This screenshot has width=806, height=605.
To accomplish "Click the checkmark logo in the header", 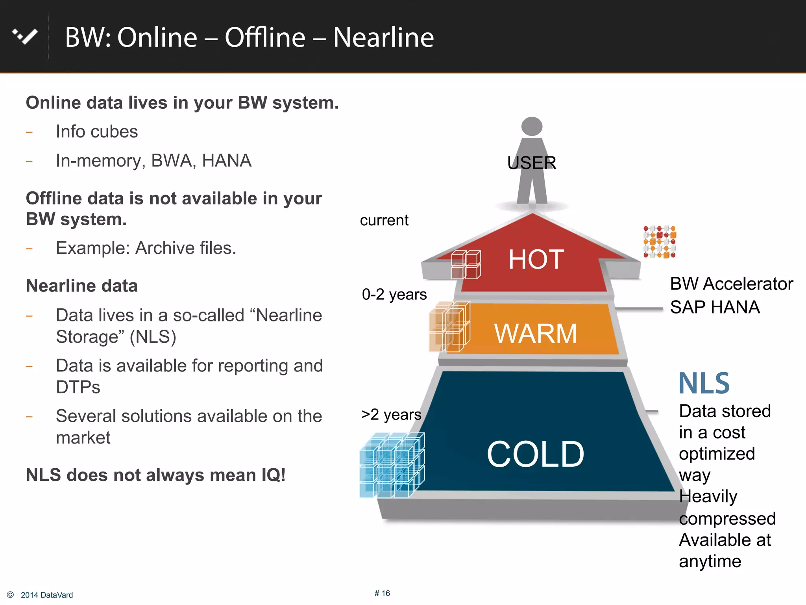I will pos(25,37).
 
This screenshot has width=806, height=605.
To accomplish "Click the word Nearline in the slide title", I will pos(383,38).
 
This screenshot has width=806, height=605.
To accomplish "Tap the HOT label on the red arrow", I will pos(536,260).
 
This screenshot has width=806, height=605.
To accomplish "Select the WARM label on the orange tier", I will pos(535,334).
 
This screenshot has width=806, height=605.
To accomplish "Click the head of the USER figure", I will pos(532,126).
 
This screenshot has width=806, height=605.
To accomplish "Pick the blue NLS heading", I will pos(704,383).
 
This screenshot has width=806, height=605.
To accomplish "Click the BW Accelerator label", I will pos(731,284).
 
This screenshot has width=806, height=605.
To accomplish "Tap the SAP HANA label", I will pos(715,307).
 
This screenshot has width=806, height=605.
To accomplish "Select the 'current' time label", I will pos(384,220).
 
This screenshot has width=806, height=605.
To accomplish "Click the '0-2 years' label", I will pos(394,294).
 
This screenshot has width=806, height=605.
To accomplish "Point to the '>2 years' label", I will pos(391,414).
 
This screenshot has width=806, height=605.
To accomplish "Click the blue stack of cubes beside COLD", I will pos(392,465).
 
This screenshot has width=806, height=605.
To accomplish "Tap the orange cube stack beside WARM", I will pos(449,327).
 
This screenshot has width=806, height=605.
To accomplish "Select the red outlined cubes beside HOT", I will pos(466,264).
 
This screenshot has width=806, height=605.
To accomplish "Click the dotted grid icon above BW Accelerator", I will pos(660,242).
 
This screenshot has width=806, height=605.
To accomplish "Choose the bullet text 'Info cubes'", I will pos(97,132).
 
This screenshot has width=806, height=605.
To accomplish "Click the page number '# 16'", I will pos(382,593).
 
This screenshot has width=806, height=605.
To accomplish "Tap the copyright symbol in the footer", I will pos(11,595).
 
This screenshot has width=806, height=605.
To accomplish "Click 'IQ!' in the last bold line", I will pos(273,475).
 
